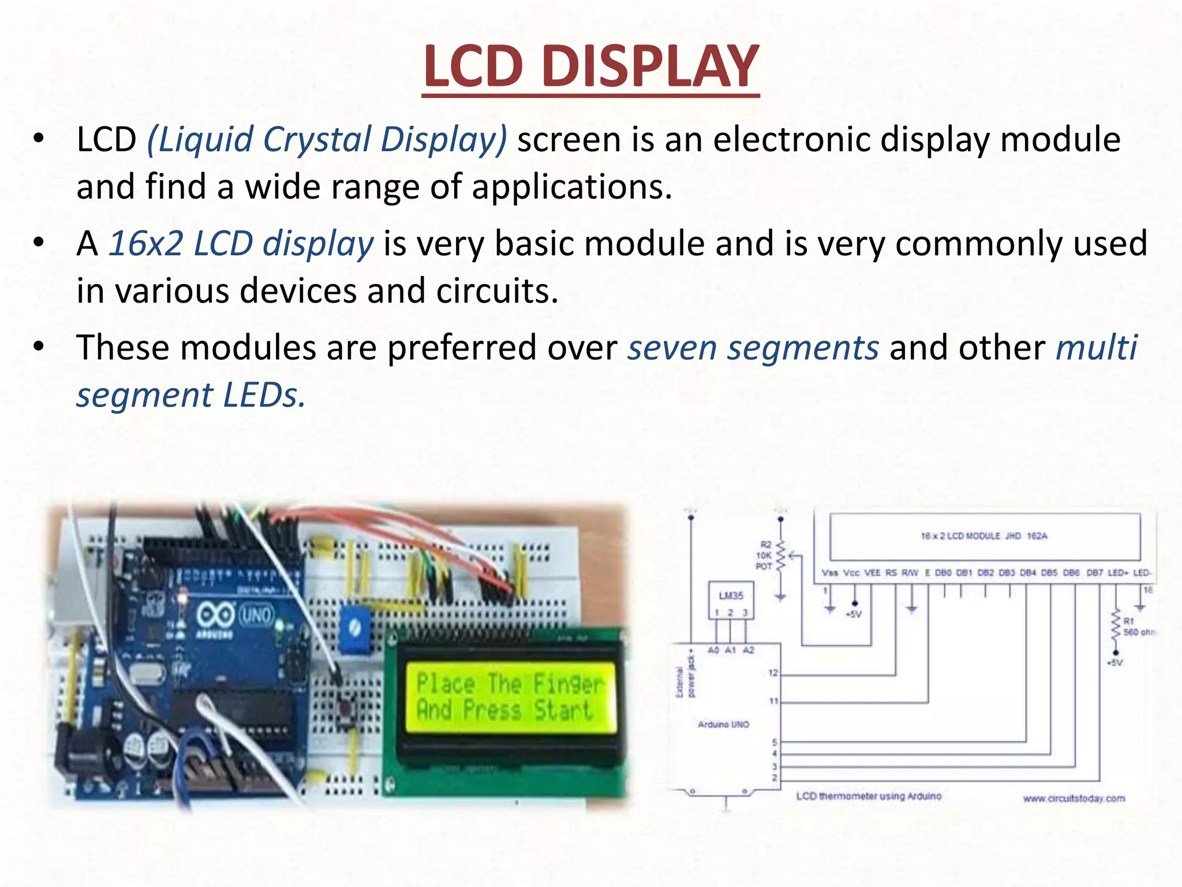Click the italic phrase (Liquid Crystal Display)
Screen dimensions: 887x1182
[327, 140]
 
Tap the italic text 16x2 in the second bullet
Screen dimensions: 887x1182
[146, 244]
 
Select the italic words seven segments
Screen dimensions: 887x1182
[753, 348]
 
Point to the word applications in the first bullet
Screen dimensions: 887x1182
[571, 187]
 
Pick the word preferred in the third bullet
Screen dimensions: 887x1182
[502, 348]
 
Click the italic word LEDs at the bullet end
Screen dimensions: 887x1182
[264, 396]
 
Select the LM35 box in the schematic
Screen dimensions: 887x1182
[731, 595]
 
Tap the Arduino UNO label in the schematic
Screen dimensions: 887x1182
[723, 724]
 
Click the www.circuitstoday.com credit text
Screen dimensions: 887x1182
[1073, 799]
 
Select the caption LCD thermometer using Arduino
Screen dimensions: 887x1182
[869, 796]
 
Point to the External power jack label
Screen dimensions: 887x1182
[685, 676]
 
